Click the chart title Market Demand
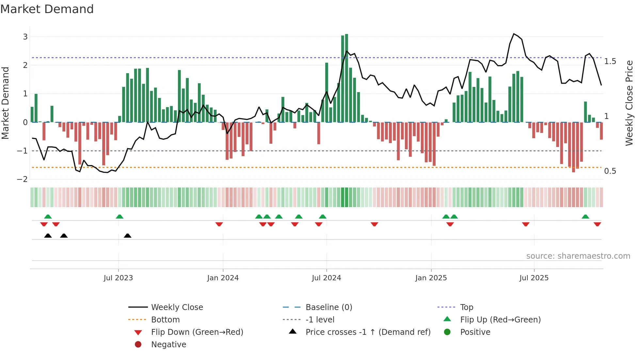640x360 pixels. pos(47,9)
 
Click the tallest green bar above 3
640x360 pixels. pos(346,78)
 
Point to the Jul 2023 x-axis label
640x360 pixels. pos(118,278)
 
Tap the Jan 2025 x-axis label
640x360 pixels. pos(431,278)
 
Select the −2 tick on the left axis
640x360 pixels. pos(23,179)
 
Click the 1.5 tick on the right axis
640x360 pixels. pos(610,61)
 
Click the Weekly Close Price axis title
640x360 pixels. pos(629,103)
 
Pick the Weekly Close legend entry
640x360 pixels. pos(177,307)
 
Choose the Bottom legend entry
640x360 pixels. pos(165,320)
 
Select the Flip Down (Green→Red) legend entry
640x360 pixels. pos(197,332)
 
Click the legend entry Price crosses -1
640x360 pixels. pos(368,332)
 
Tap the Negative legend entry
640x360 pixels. pos(168,345)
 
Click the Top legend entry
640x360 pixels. pos(466,307)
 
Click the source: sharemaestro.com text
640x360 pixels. pos(578,256)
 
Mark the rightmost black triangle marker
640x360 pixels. pos(128,236)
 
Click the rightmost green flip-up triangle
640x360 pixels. pos(585,217)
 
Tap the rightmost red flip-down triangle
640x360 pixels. pos(597,224)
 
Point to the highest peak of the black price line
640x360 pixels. pos(514,34)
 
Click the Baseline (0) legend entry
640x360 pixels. pos(328,307)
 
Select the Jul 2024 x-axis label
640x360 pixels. pos(326,278)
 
